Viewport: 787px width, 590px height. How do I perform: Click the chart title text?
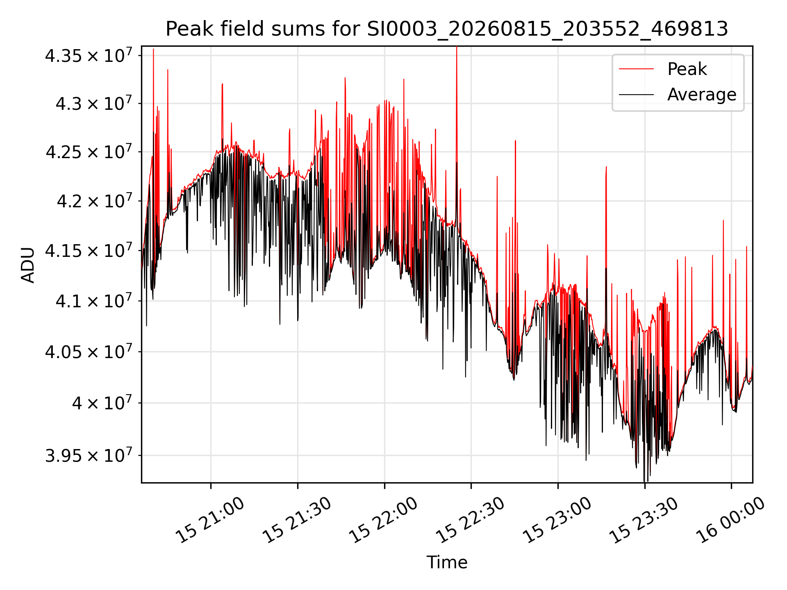447,29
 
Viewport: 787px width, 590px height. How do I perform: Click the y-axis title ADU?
28,265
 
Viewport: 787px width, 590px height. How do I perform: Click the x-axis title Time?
447,562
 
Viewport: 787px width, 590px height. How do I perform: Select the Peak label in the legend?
687,69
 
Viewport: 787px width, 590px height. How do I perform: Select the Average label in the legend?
702,94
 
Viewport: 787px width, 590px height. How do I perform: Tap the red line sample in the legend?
636,69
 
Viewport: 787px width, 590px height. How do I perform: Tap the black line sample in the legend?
636,95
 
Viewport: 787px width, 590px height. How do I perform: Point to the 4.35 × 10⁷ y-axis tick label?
89,55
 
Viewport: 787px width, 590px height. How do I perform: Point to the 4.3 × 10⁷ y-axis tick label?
94,103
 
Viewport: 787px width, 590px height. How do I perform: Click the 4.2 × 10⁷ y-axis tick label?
94,200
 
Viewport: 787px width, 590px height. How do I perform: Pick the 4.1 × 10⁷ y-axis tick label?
94,301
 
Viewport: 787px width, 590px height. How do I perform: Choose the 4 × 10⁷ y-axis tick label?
102,402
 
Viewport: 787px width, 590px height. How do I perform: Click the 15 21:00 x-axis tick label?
210,520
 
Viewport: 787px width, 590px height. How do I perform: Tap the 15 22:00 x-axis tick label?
383,520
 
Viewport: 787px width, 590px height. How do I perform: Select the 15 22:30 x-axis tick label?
470,520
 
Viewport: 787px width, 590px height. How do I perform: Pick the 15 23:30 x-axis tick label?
644,520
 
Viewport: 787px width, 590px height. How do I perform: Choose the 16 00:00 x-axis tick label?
730,520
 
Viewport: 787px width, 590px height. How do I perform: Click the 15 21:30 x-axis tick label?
297,520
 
